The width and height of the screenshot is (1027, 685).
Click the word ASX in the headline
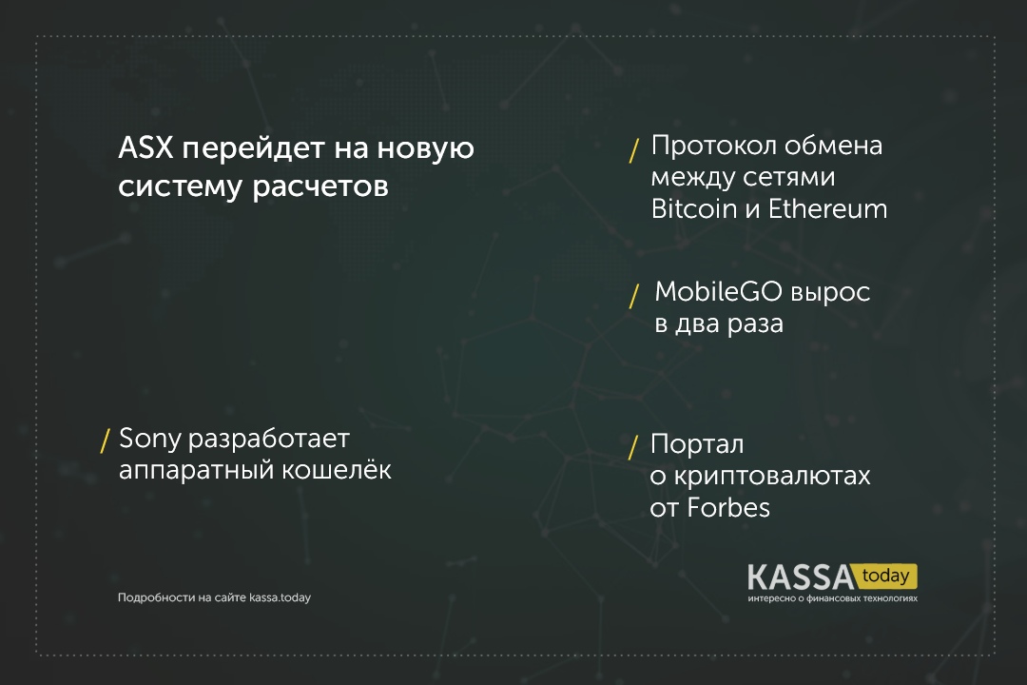coord(145,148)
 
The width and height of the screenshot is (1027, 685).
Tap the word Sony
coord(149,440)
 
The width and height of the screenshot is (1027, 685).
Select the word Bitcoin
coord(693,209)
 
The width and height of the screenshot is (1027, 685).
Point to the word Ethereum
coord(828,209)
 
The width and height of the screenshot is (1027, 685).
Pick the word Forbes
coord(728,507)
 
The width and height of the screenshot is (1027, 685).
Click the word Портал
coord(697,445)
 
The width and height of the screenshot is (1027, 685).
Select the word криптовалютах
coord(772,477)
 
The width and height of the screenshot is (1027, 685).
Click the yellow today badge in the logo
coord(886,577)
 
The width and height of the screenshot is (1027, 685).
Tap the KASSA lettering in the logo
coord(801,577)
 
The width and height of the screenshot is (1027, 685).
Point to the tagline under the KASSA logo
coord(832,598)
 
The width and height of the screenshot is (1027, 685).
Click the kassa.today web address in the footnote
coord(280,597)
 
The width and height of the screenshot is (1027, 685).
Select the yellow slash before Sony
coord(105,441)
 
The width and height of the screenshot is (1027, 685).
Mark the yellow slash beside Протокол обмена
coord(633,150)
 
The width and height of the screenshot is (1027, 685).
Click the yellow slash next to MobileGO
coord(633,296)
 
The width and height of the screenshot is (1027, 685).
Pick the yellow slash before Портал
coord(632,448)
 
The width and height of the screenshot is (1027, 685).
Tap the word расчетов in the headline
coord(320,187)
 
